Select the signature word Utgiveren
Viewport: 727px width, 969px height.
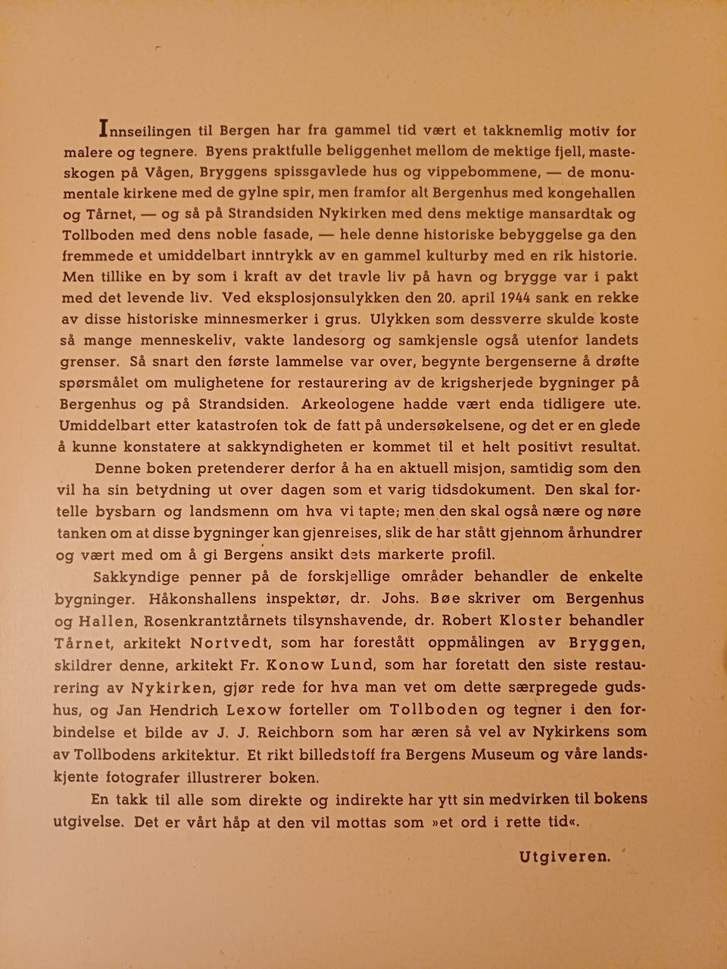(564, 857)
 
